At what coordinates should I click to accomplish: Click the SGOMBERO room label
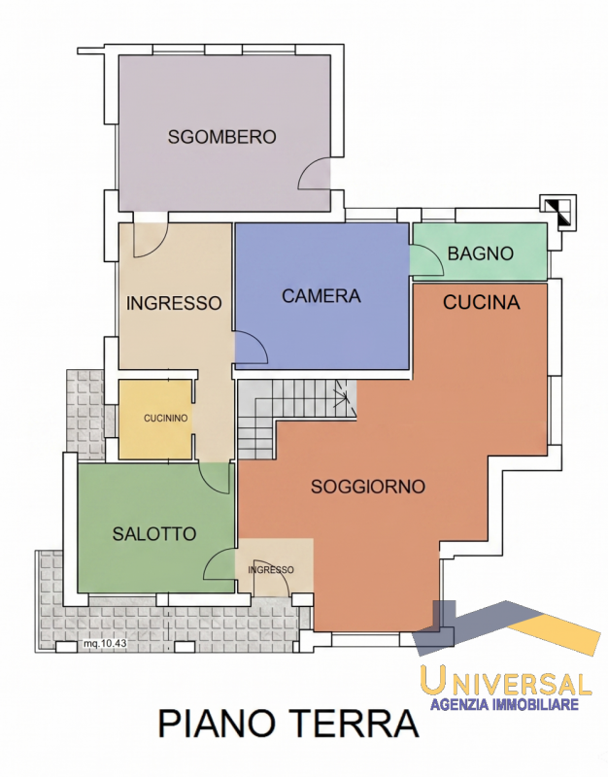pos(221,137)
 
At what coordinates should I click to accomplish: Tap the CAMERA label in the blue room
pos(321,296)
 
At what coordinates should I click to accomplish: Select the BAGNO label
pos(480,253)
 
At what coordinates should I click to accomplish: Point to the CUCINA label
pos(481,302)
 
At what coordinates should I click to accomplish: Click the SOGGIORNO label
pos(368,487)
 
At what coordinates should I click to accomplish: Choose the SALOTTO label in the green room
pos(154,533)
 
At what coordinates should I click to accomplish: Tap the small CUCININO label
pos(165,419)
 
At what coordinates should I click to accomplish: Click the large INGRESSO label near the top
pos(174,303)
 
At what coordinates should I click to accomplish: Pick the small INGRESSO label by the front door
pos(271,570)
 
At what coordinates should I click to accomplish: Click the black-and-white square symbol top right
pos(558,212)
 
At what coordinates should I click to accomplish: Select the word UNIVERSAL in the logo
pos(506,681)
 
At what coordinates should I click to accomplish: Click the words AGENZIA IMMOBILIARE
pos(504,704)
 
